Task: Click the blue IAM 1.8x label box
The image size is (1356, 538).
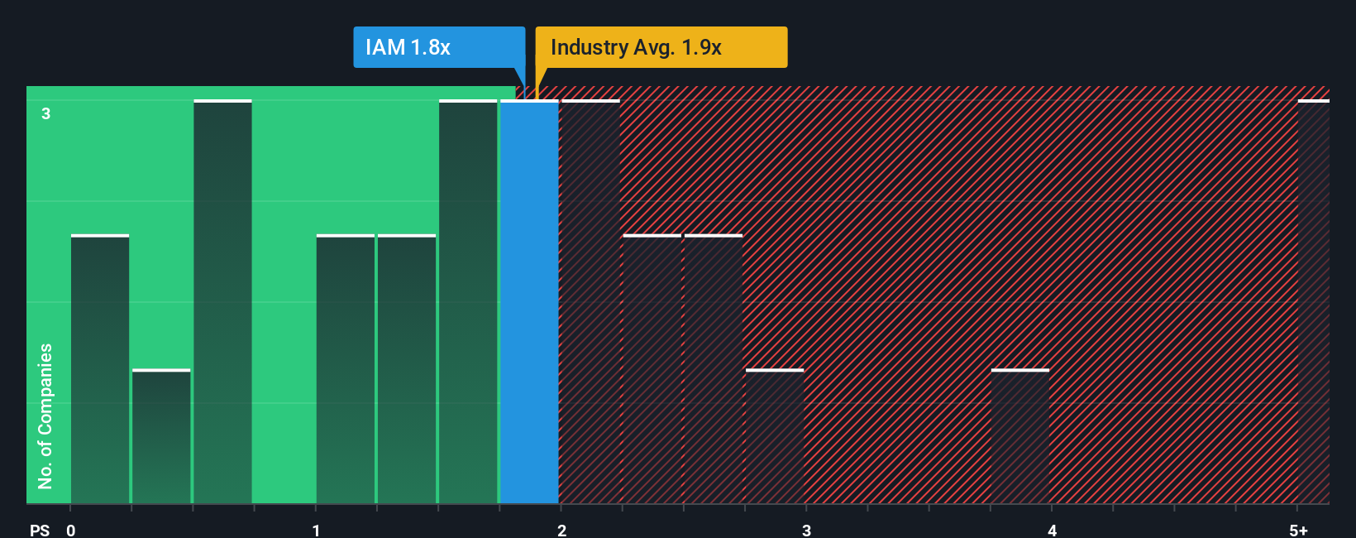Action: tap(438, 47)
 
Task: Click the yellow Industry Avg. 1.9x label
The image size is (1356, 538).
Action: tap(661, 47)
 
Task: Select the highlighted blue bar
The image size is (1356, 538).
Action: tap(529, 302)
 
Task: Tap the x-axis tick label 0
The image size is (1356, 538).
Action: tap(71, 531)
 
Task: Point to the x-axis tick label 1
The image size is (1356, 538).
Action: tap(316, 531)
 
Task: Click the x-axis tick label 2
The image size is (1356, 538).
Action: tap(561, 531)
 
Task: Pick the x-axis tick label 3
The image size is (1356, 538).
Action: tap(806, 531)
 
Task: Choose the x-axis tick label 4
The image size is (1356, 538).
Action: tap(1052, 531)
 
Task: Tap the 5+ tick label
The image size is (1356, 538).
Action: tap(1298, 531)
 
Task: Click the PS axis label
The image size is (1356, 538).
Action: tap(40, 531)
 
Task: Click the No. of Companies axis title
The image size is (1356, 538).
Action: tap(45, 416)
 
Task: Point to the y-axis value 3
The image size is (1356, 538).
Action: tap(46, 113)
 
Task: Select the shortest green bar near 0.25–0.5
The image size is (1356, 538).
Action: tap(161, 436)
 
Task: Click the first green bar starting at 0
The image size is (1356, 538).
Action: tap(100, 369)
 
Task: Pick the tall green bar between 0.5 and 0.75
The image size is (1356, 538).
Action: tap(222, 302)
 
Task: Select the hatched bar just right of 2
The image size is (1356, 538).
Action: tap(590, 302)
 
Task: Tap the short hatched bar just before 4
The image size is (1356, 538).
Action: tap(1020, 436)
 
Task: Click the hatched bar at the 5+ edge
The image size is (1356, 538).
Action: tap(1313, 302)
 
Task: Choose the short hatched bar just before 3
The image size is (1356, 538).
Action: tap(775, 436)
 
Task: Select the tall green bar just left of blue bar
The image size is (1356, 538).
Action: tap(468, 302)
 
